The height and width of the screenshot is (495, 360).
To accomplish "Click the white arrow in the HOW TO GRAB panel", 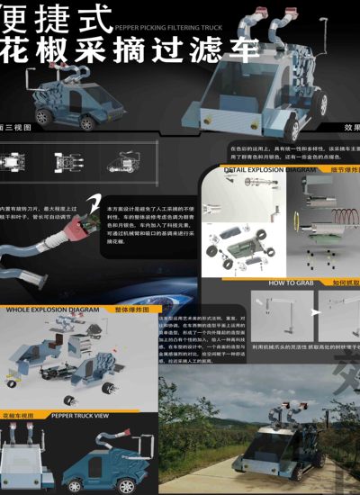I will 316,310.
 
